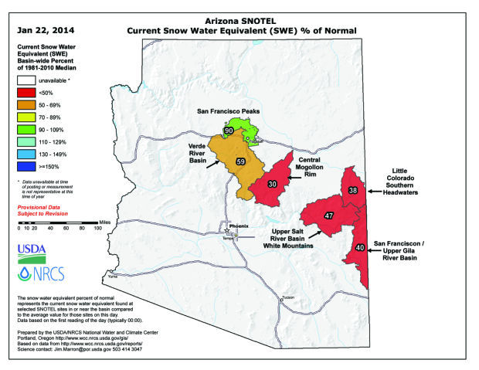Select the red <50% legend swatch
[x=30, y=92]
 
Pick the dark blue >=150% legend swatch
[x=30, y=167]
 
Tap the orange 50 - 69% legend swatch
[x=30, y=104]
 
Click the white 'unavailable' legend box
[x=30, y=79]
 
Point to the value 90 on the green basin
[x=229, y=132]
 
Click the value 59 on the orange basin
[x=240, y=161]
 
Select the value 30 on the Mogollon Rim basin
[x=272, y=184]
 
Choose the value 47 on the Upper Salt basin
[x=329, y=216]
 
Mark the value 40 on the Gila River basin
[x=359, y=247]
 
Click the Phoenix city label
[x=239, y=226]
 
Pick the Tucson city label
[x=289, y=297]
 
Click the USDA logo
[x=32, y=250]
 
